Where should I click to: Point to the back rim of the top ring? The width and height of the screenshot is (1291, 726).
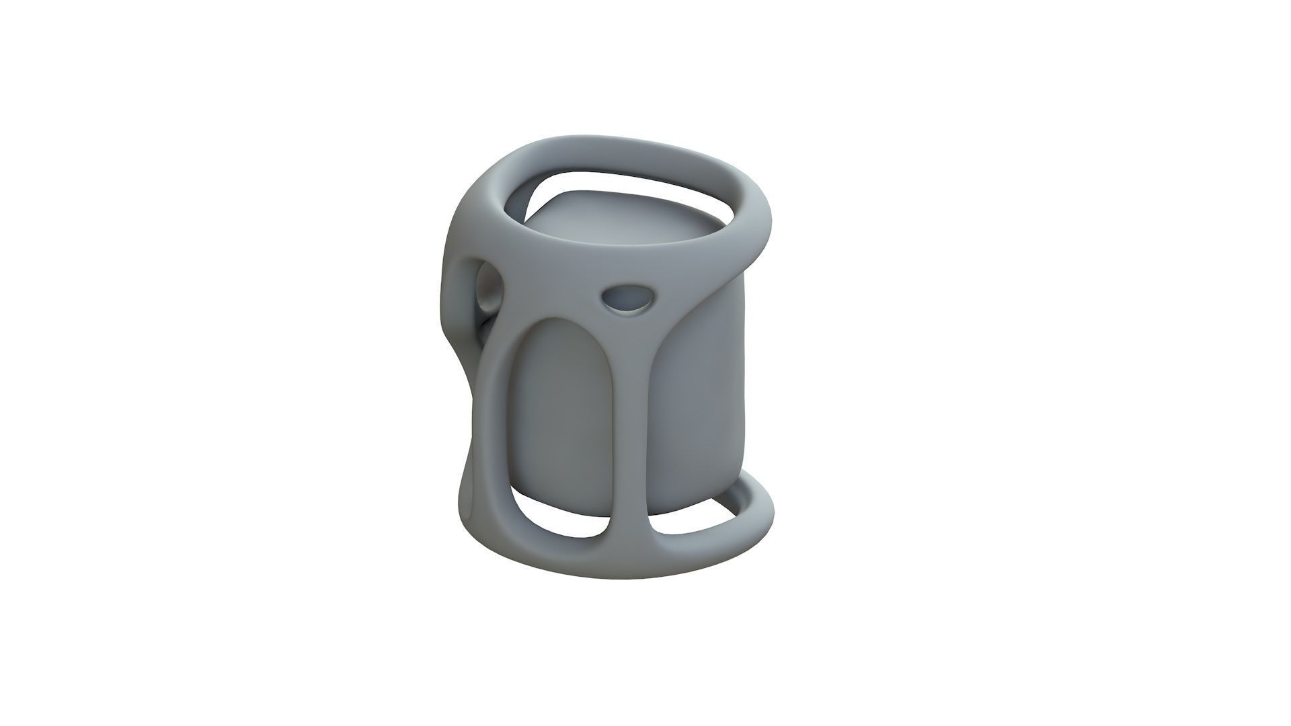(605, 147)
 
